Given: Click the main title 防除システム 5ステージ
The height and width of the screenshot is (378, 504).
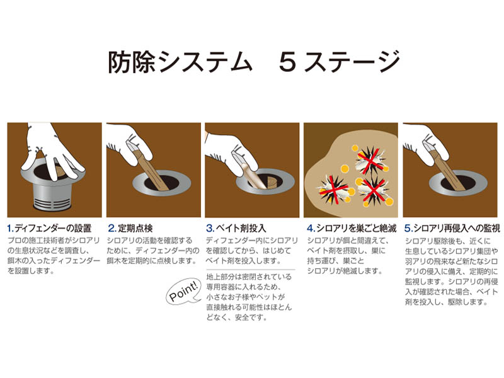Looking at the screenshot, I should pyautogui.click(x=252, y=62).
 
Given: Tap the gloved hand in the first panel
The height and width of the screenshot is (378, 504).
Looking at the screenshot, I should pyautogui.click(x=54, y=148).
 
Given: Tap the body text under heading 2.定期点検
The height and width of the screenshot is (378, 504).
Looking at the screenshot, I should pyautogui.click(x=151, y=251).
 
